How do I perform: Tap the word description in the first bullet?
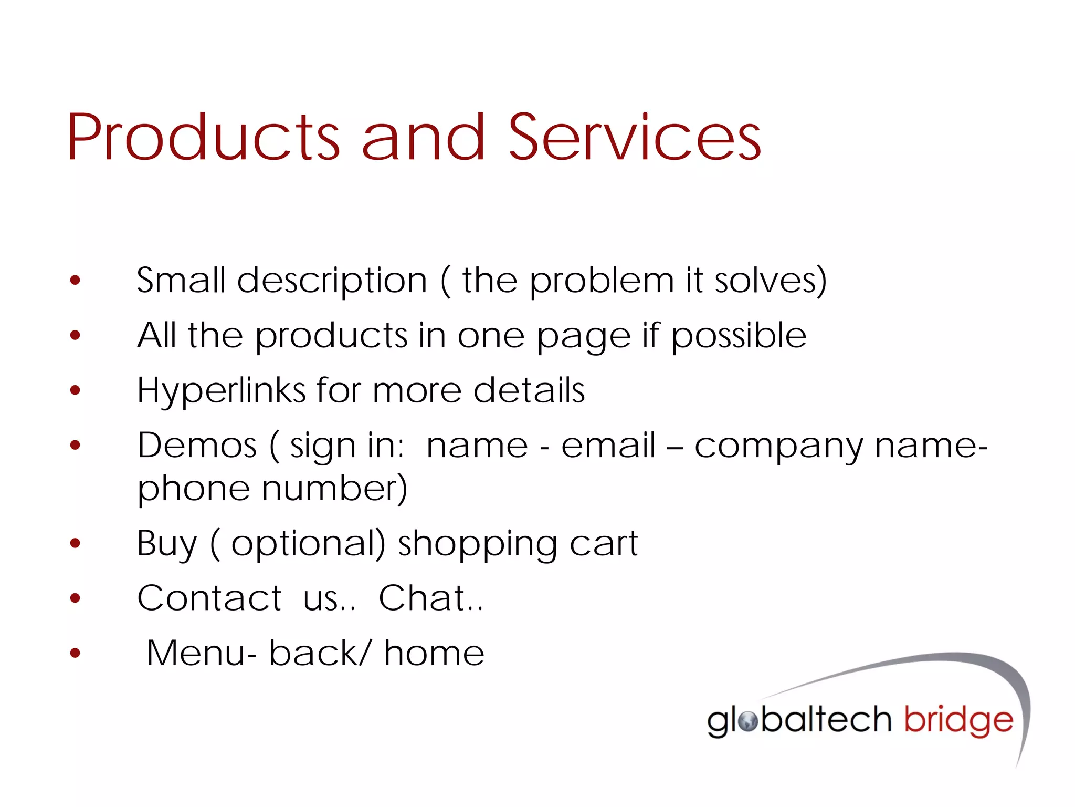point(332,281)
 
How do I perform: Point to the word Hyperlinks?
point(221,391)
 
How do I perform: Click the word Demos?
point(197,446)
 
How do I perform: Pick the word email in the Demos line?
point(608,446)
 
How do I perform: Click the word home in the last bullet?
point(434,654)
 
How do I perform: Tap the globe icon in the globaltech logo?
point(748,722)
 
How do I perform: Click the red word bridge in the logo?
point(958,721)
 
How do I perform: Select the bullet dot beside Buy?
point(76,543)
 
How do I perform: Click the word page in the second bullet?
point(583,337)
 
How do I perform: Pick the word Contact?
point(209,598)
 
